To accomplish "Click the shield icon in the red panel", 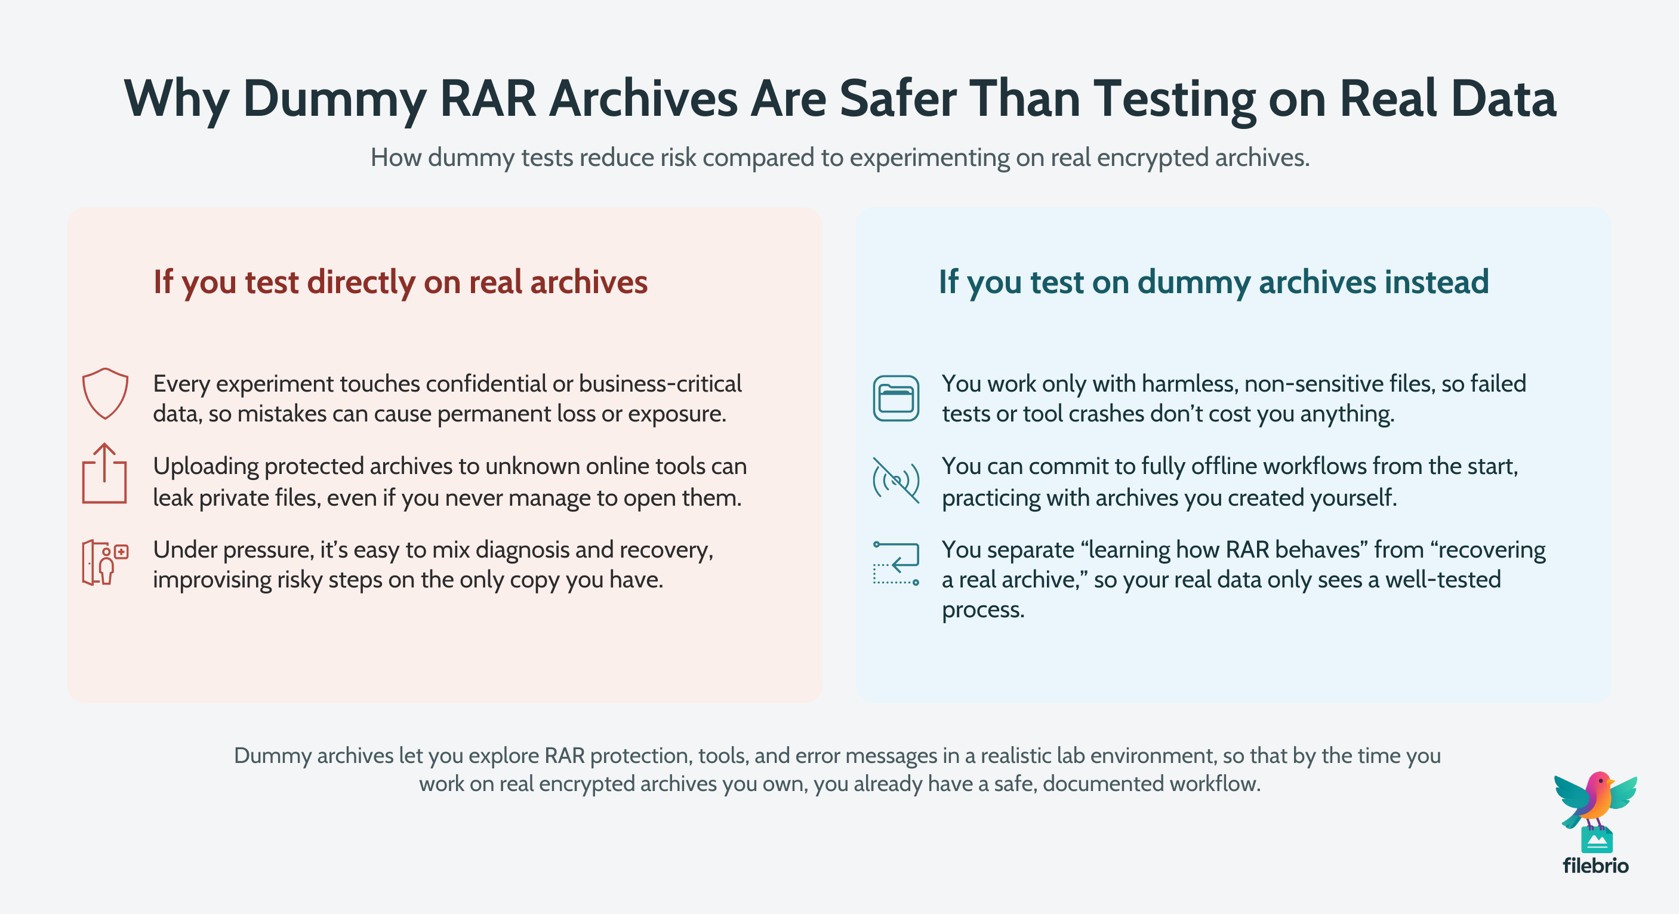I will click(105, 393).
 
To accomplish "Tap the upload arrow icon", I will click(104, 474).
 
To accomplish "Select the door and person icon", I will click(105, 562).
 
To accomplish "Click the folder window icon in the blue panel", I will click(897, 398).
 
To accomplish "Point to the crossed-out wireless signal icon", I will click(897, 481).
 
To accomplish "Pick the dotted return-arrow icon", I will click(897, 563).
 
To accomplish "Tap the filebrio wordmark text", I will click(1595, 866).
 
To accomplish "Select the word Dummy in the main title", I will click(334, 99).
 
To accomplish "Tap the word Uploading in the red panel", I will click(206, 466).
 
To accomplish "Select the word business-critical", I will click(660, 384).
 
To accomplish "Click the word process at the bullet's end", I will click(982, 610).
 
